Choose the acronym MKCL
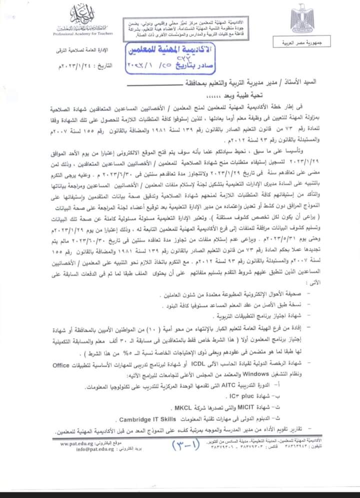(x=166, y=407)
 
